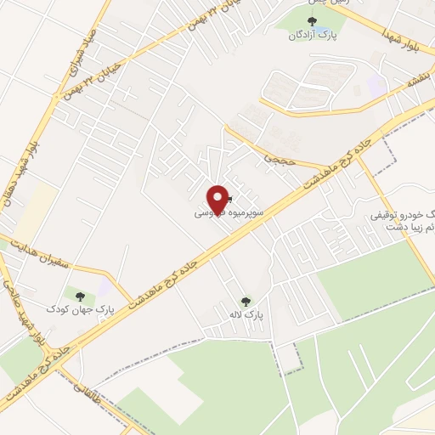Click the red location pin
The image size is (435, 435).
[x=218, y=198]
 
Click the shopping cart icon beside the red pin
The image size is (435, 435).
[x=229, y=201]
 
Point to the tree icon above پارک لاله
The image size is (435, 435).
[x=246, y=301]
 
